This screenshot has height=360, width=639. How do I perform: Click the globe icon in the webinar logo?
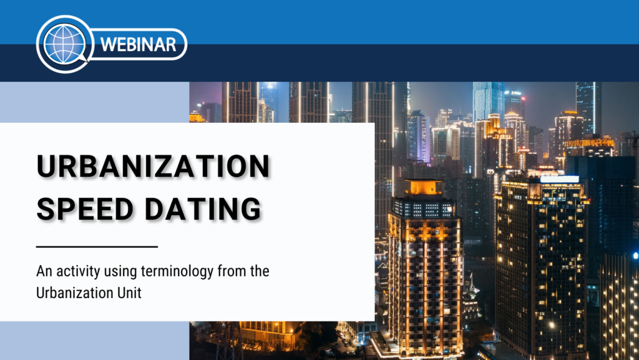coord(65,44)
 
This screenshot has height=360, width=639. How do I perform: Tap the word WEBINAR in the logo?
coord(138,44)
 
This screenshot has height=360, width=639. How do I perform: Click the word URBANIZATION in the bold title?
coord(154,166)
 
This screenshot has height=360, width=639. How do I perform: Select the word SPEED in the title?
coord(85,209)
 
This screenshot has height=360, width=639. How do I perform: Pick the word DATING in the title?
coord(203,209)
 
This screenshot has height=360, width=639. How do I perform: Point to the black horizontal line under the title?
coord(97,246)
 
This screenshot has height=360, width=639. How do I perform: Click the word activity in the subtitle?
coord(78,271)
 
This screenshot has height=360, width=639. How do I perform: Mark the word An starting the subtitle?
coord(44,271)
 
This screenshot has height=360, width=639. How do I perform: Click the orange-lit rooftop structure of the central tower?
coord(424,187)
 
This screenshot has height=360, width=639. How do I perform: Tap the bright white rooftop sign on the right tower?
coord(560,179)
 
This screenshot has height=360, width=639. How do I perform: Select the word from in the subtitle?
coord(232,271)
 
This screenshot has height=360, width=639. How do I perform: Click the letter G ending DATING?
coord(250,209)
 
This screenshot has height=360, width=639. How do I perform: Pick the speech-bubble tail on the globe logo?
coord(84,58)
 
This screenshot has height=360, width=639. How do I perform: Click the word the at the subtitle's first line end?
coord(260,271)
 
